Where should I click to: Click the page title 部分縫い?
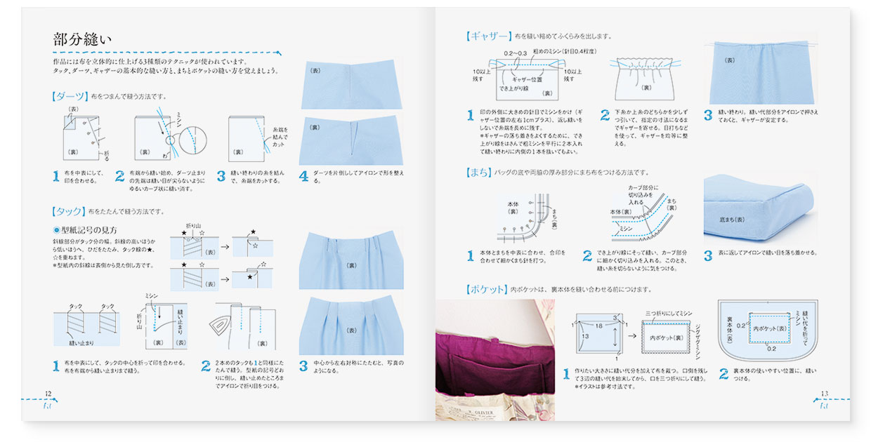point(81,39)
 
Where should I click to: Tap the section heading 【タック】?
point(69,210)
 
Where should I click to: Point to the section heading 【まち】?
point(479,172)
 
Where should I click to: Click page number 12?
point(48,394)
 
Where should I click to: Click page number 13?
point(825,394)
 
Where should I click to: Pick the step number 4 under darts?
point(303,176)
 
